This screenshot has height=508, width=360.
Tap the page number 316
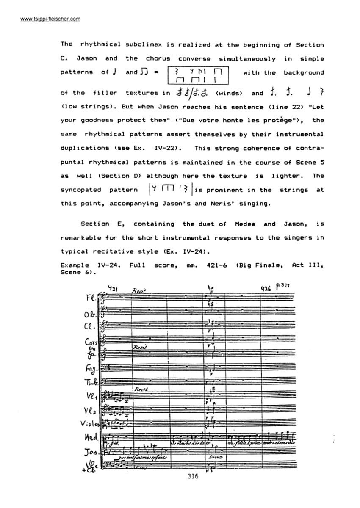(x=192, y=476)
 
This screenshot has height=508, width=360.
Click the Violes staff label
(x=89, y=423)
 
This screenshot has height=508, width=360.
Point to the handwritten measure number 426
(x=266, y=289)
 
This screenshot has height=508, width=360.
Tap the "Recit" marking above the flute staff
(x=138, y=291)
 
